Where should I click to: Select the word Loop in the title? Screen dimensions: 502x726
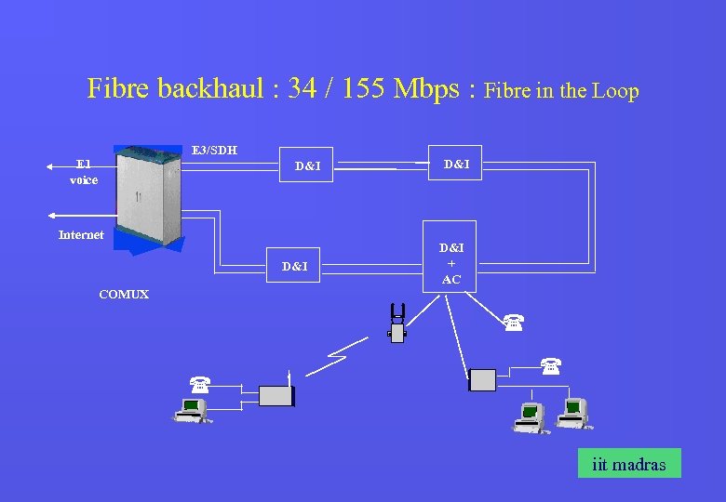click(x=616, y=91)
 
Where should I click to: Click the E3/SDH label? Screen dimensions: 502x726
click(x=214, y=150)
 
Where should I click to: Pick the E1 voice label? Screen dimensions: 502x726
click(x=84, y=172)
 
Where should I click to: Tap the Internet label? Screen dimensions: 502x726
click(x=81, y=235)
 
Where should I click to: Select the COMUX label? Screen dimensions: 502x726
click(x=124, y=295)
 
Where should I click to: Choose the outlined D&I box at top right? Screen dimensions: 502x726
click(x=456, y=165)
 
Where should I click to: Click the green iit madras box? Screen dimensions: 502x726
click(x=629, y=463)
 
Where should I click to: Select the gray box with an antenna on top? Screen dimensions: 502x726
click(x=276, y=396)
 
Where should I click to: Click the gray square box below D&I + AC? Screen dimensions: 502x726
click(x=482, y=379)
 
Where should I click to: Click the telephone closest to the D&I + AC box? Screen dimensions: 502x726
click(x=513, y=323)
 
